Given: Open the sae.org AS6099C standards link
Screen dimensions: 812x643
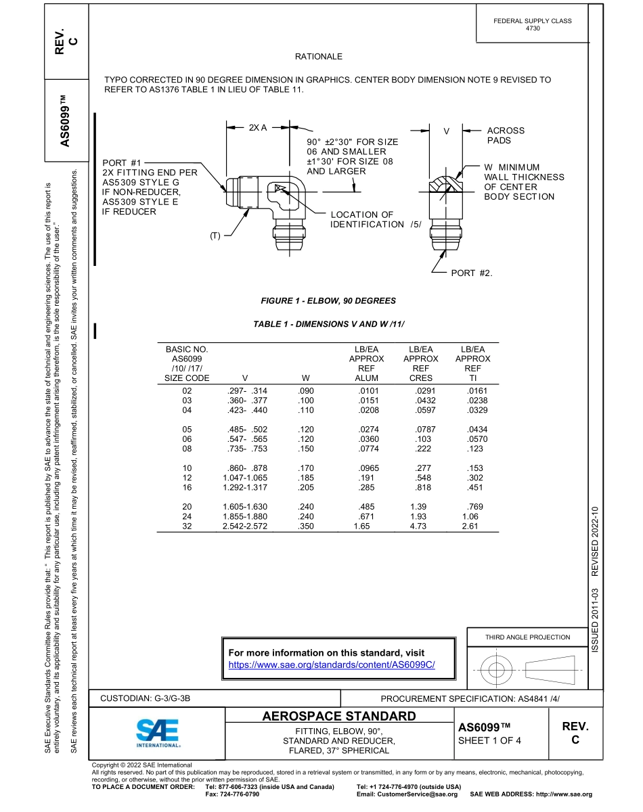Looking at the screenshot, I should point(332,665).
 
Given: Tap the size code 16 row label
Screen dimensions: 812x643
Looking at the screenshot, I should point(187,487).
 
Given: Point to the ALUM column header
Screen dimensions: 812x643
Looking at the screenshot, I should point(366,378).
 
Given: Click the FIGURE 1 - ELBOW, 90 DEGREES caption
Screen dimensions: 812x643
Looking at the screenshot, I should point(328,300).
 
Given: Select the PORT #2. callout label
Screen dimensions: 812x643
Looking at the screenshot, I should point(472,273).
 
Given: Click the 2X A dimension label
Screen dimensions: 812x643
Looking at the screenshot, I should point(258,127).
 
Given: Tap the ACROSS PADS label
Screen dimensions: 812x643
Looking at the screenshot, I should point(505,135).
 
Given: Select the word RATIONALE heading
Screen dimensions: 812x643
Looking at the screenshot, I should point(318,56).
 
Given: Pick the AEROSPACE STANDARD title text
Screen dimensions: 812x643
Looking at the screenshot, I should point(338,716).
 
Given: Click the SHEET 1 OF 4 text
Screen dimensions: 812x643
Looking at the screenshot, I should point(489,740).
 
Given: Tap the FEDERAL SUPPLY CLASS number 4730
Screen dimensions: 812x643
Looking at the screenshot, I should point(533,29).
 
